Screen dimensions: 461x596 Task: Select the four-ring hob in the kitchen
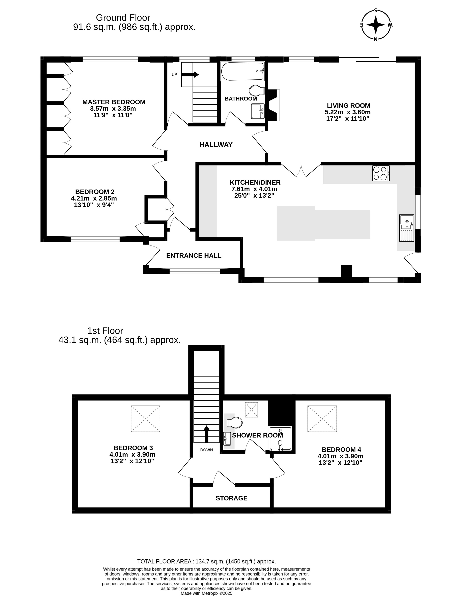(381, 173)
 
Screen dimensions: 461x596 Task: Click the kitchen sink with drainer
(407, 228)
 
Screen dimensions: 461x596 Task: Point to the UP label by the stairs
(174, 74)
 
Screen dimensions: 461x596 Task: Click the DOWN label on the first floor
(206, 450)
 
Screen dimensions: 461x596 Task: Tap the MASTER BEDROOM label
(114, 102)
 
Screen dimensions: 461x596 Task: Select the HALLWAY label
(216, 145)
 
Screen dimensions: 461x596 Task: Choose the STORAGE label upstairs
(231, 498)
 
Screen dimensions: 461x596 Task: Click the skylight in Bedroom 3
(145, 419)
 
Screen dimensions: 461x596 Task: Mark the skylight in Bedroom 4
(322, 419)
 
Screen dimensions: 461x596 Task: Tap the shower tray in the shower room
(281, 438)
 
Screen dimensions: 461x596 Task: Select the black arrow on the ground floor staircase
(190, 74)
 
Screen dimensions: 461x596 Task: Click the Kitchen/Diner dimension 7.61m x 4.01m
(254, 189)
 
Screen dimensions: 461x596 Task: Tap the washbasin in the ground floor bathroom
(258, 111)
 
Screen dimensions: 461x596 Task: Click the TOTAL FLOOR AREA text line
(206, 561)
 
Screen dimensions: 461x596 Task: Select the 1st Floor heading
(105, 331)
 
